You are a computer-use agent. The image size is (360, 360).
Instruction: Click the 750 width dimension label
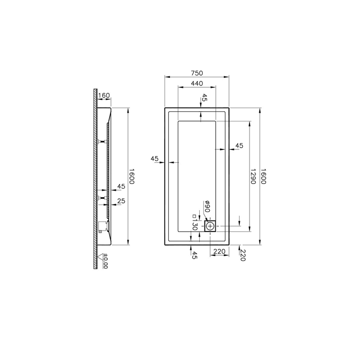tap(197, 73)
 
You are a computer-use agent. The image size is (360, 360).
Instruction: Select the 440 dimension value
tap(197, 83)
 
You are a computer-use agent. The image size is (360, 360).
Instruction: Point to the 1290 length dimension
tap(253, 176)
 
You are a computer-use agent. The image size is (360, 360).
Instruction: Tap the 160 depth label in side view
tap(104, 95)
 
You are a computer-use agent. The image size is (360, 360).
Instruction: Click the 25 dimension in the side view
tap(121, 201)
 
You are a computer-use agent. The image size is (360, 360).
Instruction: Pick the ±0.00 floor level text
tap(106, 261)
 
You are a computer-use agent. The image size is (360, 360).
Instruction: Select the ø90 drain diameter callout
tap(207, 206)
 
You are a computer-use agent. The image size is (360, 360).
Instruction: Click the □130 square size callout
tap(194, 222)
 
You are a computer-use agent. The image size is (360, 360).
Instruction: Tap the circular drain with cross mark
tap(210, 226)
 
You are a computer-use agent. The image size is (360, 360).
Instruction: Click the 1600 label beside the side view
tap(131, 176)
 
